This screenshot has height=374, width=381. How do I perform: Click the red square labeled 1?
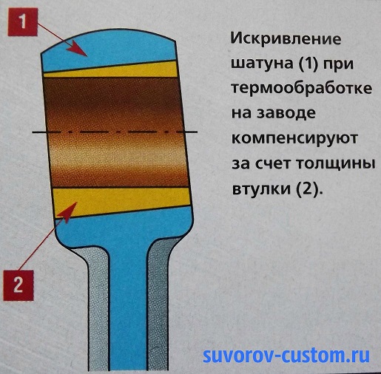click(23, 22)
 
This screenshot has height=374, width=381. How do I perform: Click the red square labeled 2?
click(18, 285)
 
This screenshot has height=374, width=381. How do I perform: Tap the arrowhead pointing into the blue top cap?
click(77, 49)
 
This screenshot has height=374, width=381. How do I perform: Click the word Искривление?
click(286, 39)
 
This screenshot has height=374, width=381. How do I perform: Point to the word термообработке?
click(301, 89)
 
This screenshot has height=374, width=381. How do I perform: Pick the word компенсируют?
click(294, 139)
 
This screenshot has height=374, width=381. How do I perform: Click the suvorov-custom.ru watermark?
click(286, 356)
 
